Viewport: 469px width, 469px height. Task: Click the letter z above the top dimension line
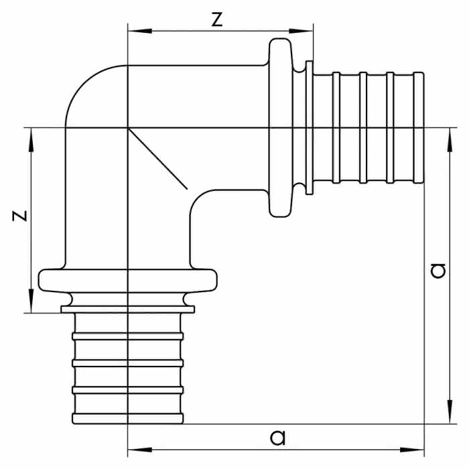[x=217, y=20]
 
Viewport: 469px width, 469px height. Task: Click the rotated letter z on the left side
[x=19, y=216]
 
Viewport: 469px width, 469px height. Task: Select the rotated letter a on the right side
[x=438, y=271]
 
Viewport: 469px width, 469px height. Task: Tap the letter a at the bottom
[x=277, y=438]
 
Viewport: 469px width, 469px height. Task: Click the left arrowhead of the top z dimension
[x=139, y=31]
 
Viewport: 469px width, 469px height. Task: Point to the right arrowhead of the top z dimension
[x=301, y=31]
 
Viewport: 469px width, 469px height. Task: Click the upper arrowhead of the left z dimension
[x=31, y=140]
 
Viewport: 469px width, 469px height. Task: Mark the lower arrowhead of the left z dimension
[x=31, y=301]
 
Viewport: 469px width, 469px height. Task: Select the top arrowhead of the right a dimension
[x=450, y=140]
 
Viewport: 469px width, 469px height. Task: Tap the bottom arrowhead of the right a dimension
[x=450, y=411]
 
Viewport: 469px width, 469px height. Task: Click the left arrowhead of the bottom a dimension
[x=139, y=450]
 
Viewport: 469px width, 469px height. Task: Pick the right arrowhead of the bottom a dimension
[x=412, y=450]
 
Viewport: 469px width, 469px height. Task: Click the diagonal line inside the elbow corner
[x=157, y=159]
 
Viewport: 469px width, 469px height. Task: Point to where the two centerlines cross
[x=128, y=128]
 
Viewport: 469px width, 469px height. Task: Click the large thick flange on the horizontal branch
[x=280, y=128]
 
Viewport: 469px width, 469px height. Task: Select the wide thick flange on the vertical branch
[x=128, y=281]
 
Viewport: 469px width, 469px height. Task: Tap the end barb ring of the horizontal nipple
[x=419, y=128]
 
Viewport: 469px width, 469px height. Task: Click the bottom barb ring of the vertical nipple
[x=128, y=419]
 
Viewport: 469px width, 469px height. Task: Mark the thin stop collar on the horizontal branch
[x=310, y=128]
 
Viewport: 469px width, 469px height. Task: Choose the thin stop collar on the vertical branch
[x=128, y=310]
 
